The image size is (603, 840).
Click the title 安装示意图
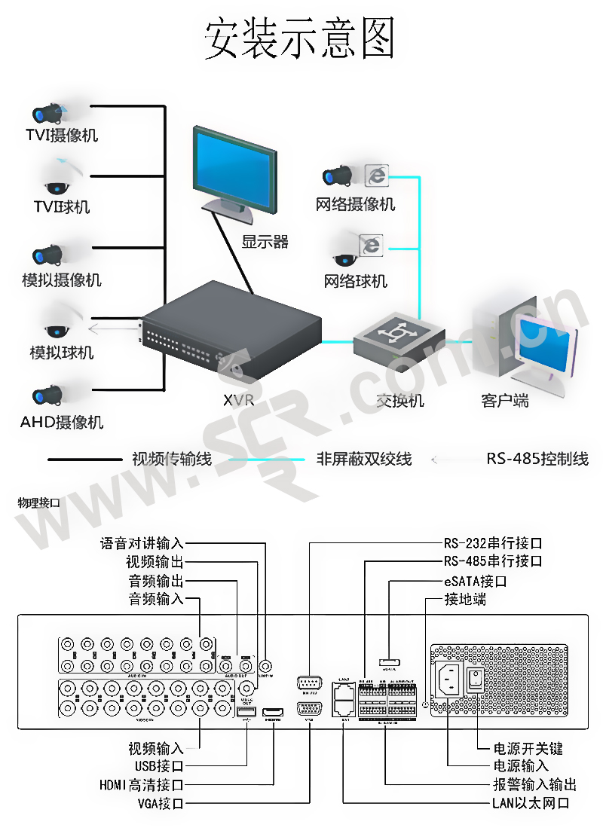(300, 38)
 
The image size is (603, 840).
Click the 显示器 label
(265, 242)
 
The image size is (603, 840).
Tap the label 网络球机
(356, 281)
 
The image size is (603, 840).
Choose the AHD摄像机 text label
(62, 422)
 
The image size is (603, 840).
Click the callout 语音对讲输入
(142, 543)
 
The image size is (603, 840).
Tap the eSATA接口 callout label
(475, 582)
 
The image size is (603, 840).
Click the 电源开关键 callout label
(528, 748)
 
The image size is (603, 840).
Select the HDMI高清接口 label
(142, 785)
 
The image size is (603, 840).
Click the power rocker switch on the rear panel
(476, 681)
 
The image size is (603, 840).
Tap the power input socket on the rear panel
(449, 681)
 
